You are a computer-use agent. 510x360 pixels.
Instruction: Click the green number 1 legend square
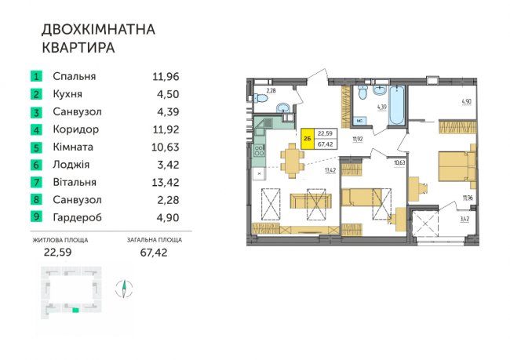[36, 76]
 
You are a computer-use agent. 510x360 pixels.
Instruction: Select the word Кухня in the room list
[67, 94]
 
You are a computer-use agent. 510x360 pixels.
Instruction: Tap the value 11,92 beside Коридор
[166, 129]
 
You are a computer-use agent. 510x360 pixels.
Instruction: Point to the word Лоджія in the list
[71, 165]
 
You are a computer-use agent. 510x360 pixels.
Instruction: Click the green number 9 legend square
[36, 217]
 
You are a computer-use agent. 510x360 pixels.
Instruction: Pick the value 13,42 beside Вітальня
[166, 182]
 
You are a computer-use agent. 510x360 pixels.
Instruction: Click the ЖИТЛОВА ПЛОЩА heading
[60, 240]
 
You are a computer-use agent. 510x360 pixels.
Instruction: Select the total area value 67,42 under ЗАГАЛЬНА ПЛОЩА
[154, 253]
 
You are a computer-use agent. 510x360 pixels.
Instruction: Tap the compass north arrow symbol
[124, 289]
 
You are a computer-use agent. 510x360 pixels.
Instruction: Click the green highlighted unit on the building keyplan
[75, 311]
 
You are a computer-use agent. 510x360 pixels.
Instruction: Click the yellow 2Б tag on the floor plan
[308, 139]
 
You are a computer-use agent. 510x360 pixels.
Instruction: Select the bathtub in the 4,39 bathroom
[396, 105]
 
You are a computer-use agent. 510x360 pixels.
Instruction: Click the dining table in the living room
[292, 161]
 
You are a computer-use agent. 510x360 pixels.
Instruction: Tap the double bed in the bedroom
[457, 165]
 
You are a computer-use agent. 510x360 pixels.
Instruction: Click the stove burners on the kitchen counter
[260, 151]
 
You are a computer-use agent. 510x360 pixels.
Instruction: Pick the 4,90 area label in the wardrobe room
[466, 101]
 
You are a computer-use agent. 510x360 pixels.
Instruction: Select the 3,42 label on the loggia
[464, 219]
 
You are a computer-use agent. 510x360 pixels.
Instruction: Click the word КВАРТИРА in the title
[78, 48]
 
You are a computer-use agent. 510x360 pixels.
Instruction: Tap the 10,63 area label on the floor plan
[399, 162]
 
